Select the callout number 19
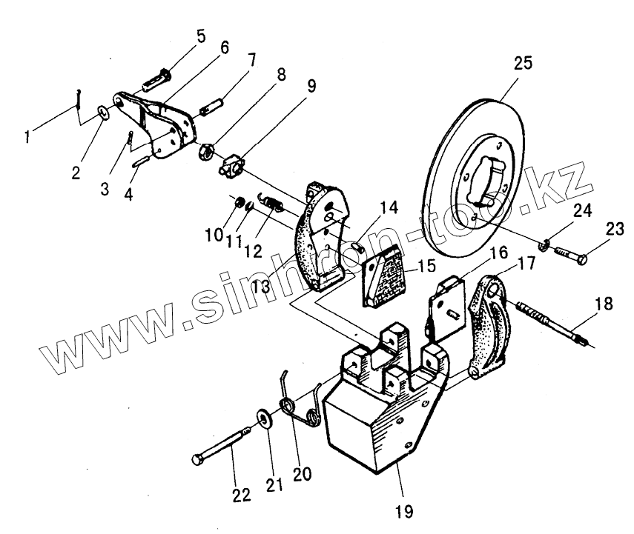404,510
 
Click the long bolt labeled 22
223,448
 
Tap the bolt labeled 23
570,255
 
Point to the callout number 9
310,85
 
